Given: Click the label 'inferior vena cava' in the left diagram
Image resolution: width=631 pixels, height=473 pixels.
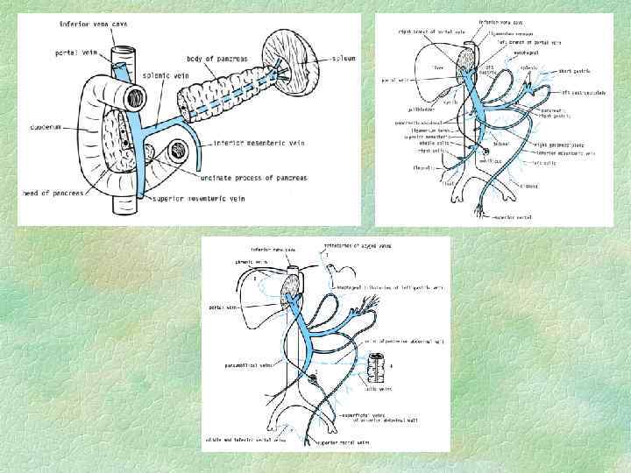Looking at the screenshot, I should tap(93, 24).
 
